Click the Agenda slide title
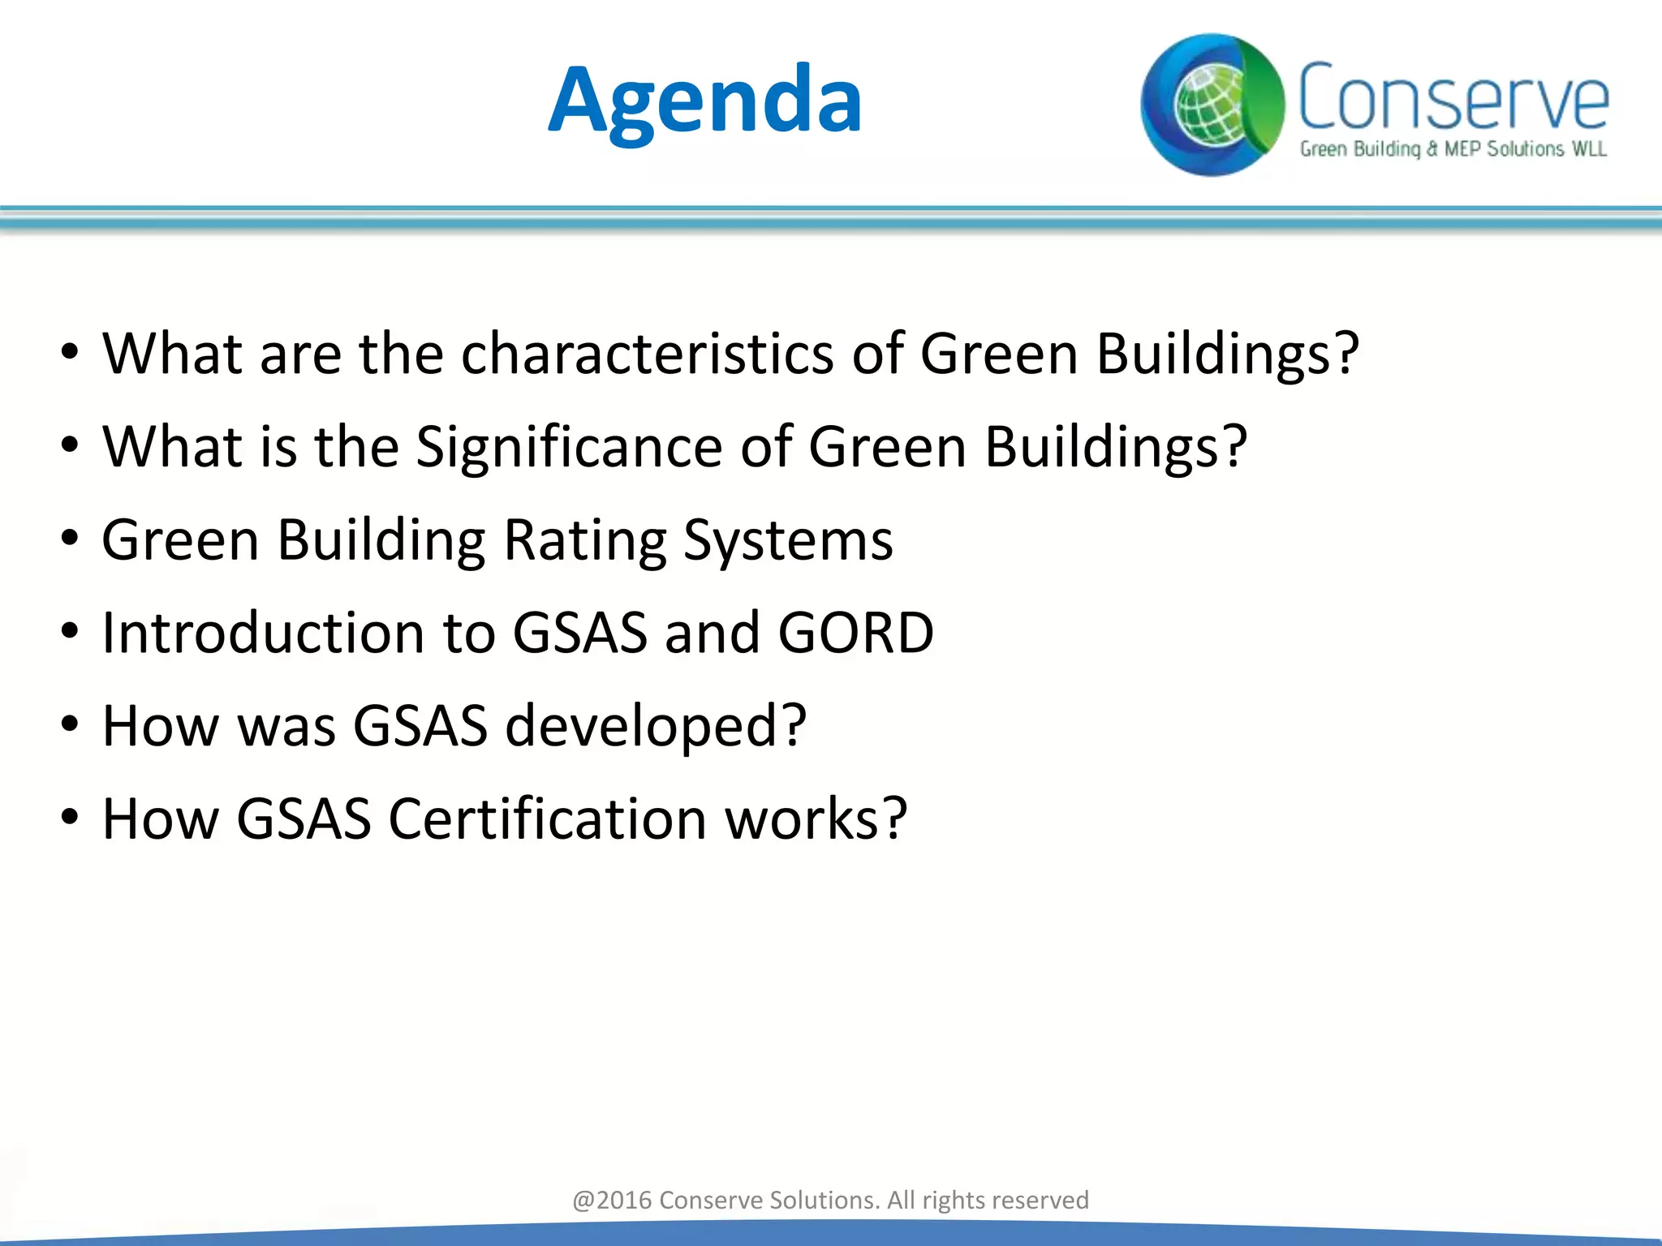[x=704, y=101]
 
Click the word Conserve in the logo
[x=1453, y=97]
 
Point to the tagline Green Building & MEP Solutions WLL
[x=1453, y=149]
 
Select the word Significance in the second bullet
[x=568, y=447]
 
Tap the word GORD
[x=855, y=633]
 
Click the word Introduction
[x=263, y=633]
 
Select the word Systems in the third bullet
[x=787, y=540]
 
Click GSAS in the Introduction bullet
[x=579, y=633]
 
